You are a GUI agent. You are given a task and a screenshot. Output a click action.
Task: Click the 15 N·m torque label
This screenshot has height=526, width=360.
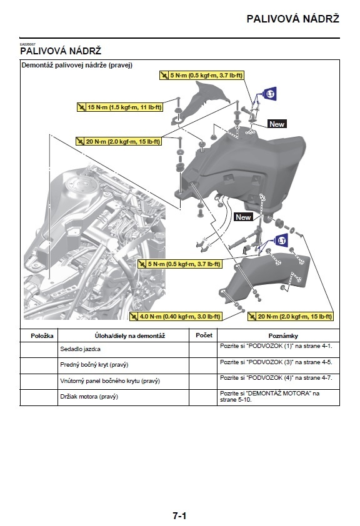click(119, 107)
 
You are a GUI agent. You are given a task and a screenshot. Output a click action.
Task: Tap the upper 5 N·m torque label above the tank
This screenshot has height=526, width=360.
click(202, 76)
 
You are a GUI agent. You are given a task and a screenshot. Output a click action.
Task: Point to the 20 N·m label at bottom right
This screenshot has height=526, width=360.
click(290, 317)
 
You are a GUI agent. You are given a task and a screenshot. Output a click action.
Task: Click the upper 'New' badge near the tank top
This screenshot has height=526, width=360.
click(276, 124)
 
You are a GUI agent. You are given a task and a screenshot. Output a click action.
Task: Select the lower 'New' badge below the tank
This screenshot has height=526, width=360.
click(243, 217)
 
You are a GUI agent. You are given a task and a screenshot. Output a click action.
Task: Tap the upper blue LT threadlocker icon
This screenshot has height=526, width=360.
click(270, 94)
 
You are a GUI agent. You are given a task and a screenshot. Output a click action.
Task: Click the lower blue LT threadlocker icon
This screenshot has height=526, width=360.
click(281, 241)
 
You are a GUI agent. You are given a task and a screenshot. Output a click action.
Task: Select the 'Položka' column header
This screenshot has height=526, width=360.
click(39, 336)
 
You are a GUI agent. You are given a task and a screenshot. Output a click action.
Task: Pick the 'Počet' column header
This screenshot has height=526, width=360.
click(204, 335)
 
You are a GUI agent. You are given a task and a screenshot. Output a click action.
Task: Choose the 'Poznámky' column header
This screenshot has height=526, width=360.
click(278, 336)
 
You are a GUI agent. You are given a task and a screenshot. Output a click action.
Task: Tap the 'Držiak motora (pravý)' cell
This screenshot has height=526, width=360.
click(89, 397)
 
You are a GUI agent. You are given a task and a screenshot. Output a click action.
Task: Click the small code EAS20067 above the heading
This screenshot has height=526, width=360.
click(27, 43)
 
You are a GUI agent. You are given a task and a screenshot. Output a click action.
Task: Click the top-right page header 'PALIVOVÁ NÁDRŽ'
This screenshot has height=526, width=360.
click(292, 19)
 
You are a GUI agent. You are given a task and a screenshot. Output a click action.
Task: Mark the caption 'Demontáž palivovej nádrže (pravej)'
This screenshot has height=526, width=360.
click(77, 65)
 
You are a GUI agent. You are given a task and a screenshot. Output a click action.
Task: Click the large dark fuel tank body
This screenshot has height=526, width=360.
click(250, 169)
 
